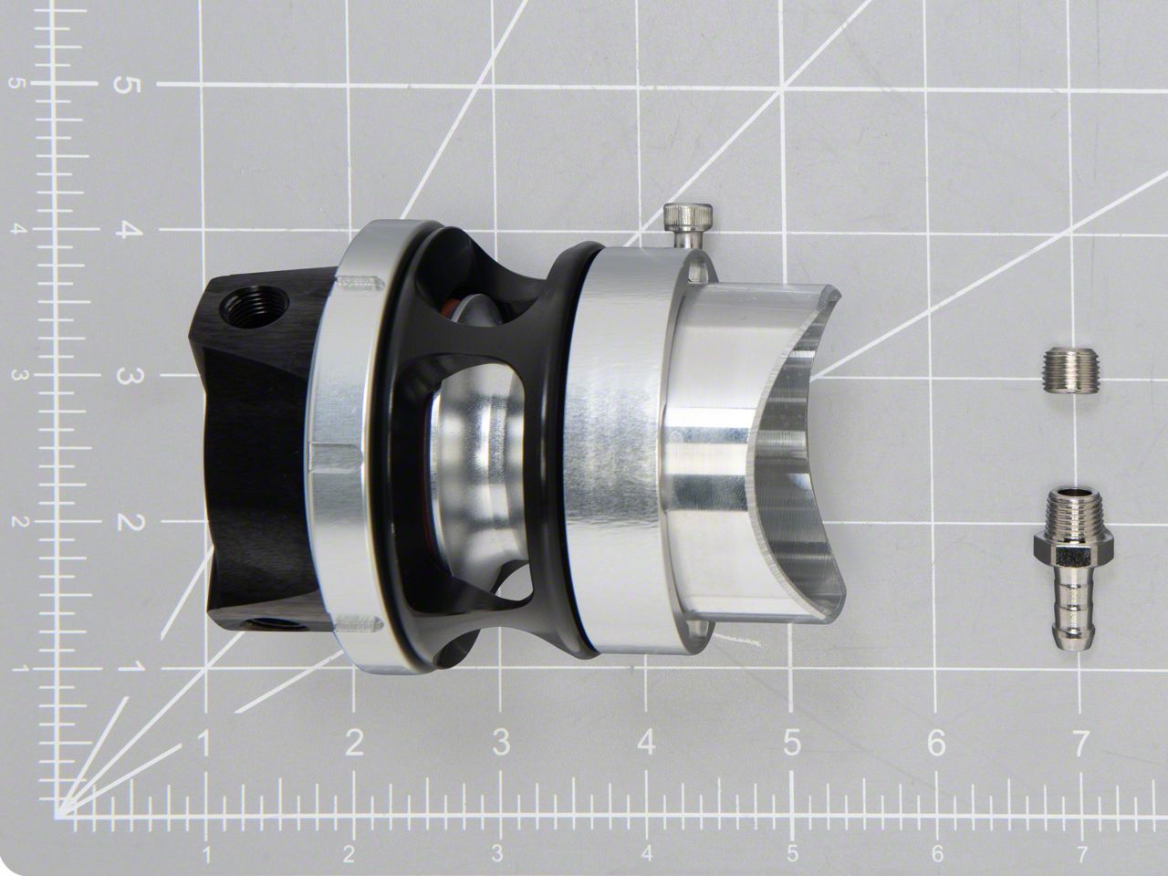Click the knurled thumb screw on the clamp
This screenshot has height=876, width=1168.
pos(687,223)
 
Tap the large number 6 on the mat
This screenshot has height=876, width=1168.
pos(936,742)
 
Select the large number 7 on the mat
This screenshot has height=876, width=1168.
pos(1079,743)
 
